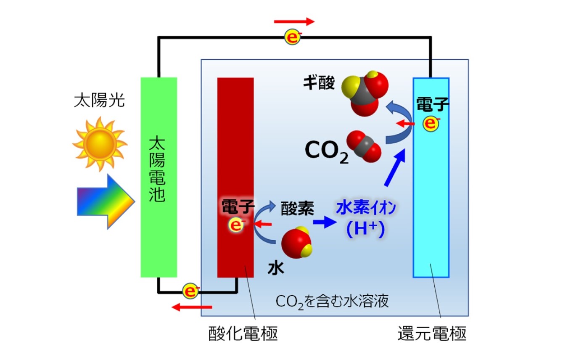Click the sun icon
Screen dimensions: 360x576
(x=100, y=143)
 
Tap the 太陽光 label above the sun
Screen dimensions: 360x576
(x=99, y=101)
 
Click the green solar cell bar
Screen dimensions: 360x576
(x=159, y=177)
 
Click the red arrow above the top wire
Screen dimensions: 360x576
(x=294, y=21)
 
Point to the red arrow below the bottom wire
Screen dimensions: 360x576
(x=192, y=307)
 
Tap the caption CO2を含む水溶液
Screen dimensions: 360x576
(x=332, y=302)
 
